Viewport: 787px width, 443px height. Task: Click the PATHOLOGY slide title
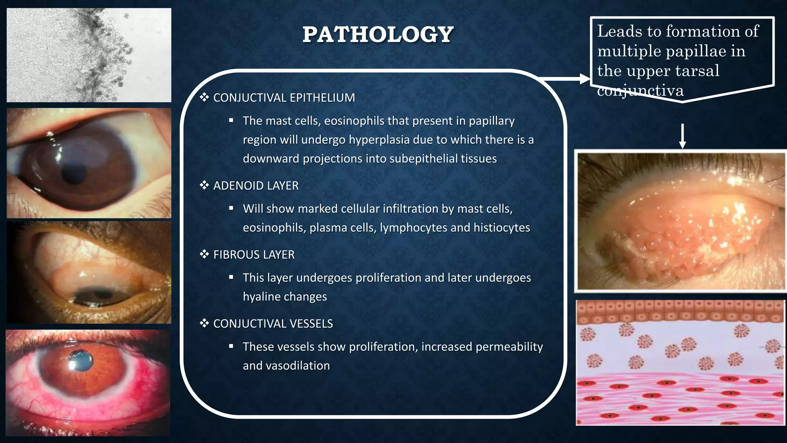coord(378,35)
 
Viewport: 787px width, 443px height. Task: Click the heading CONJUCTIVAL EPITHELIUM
coord(284,98)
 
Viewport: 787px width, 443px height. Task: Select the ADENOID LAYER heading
coord(256,186)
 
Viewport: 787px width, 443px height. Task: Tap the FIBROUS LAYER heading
coord(254,255)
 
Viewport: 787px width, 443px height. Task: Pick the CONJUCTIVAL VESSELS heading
coord(273,324)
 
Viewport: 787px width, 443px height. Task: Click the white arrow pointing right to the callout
coord(565,79)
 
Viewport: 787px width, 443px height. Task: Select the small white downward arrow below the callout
coord(682,137)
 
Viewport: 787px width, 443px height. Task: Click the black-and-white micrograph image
coord(89,55)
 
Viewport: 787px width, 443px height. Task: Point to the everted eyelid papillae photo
coord(681,221)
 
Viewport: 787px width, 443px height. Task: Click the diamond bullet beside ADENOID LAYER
coord(204,186)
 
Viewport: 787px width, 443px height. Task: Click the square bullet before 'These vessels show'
coord(231,346)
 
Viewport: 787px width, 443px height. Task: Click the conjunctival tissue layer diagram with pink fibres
coord(680,363)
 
